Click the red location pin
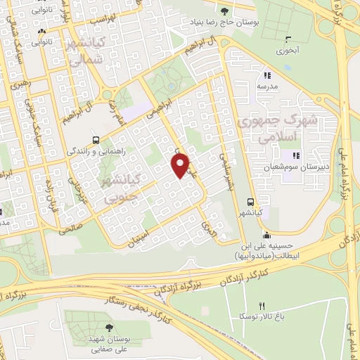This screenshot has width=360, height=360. (x=181, y=165)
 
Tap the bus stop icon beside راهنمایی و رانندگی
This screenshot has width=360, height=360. (x=96, y=139)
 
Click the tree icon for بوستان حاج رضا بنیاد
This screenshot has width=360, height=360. (x=225, y=11)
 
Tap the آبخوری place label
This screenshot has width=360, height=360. (x=288, y=51)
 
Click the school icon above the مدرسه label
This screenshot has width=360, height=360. (x=266, y=75)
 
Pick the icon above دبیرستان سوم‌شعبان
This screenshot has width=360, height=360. (x=295, y=155)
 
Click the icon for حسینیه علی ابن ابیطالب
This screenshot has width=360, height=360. (x=266, y=235)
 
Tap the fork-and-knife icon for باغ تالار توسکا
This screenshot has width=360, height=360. (x=262, y=305)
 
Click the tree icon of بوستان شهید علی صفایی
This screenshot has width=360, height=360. (x=108, y=327)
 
